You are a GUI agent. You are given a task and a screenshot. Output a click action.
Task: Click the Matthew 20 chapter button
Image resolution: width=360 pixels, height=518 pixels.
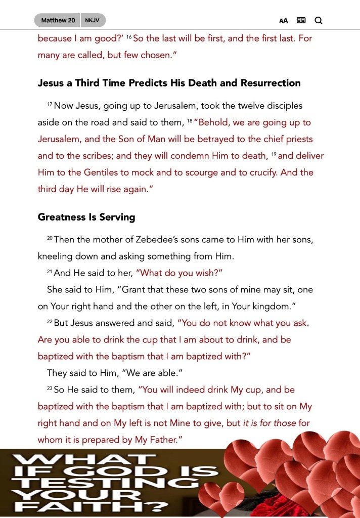(58, 20)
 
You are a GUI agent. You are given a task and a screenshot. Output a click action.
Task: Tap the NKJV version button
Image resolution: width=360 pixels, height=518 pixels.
(93, 20)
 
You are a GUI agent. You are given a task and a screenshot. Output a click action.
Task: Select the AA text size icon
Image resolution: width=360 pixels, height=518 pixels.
(284, 21)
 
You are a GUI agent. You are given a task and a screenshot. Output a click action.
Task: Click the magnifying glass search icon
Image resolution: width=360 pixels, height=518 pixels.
(319, 21)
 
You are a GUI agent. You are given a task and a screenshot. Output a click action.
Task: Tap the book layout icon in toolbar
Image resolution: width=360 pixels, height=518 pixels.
(301, 21)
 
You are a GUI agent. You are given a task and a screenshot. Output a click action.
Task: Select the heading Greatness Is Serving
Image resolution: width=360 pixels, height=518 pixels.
(86, 217)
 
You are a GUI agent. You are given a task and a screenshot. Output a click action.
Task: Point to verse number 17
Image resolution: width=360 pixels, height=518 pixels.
(50, 104)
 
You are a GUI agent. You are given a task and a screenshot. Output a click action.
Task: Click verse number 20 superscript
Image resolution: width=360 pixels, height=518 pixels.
(50, 238)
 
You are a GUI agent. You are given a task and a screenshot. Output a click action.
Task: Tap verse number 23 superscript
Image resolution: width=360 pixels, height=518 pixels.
(50, 388)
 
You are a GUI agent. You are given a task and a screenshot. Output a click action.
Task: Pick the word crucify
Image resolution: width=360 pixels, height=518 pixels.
(261, 172)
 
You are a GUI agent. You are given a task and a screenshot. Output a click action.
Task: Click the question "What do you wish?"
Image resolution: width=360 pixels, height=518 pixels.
(179, 273)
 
